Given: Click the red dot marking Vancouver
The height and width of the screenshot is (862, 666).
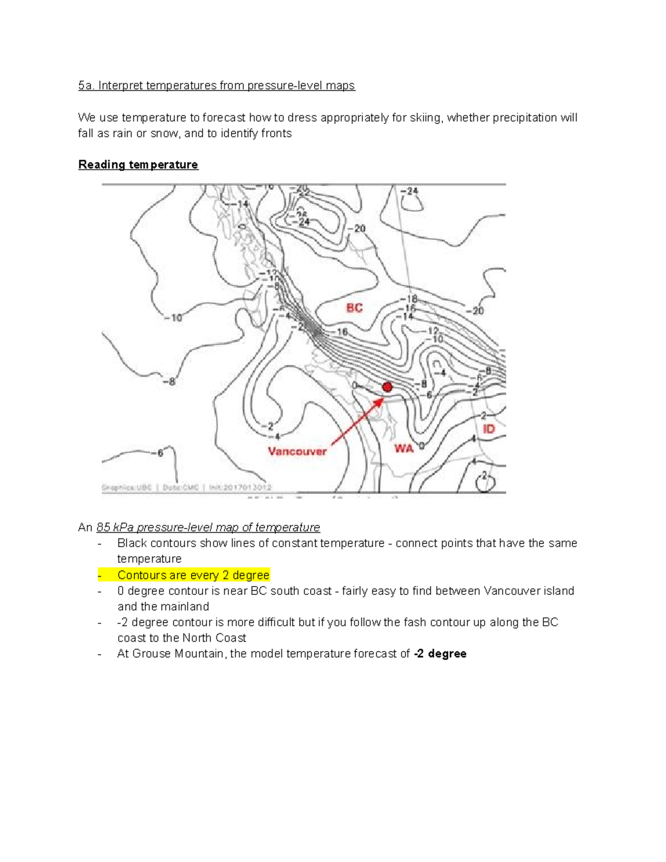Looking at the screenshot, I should pos(387,387).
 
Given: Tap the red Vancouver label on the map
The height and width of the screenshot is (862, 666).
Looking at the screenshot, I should pos(297,451).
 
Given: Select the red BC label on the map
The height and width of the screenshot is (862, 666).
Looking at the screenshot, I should pos(354,308).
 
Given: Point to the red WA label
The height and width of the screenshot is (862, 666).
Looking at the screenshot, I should pos(403,448).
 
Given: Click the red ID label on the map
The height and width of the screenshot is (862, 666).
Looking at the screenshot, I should pos(488,429).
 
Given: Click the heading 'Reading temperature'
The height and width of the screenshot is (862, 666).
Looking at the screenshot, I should pos(138,165).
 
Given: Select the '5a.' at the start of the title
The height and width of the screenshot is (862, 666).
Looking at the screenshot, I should pos(86,85).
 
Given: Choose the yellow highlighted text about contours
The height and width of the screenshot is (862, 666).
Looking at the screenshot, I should pos(193,575).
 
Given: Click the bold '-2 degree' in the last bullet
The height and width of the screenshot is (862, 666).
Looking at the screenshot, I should pos(440,654).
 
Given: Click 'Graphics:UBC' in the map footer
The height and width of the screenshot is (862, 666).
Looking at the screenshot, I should pos(126,487).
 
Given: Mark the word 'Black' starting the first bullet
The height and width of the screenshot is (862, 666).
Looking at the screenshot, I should pos(132,543).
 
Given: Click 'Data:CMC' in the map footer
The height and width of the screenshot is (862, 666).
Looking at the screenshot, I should pos(180,487).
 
